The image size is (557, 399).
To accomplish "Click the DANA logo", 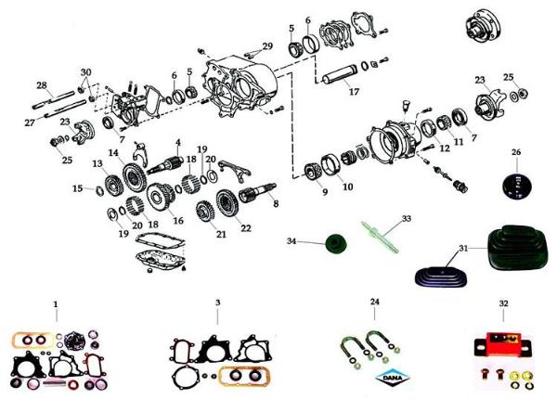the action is (x=393, y=378).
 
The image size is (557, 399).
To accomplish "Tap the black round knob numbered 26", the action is (x=516, y=187).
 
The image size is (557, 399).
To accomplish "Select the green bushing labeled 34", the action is (x=336, y=243).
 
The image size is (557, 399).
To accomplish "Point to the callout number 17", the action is (x=354, y=92).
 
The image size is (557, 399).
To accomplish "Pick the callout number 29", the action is (x=267, y=46).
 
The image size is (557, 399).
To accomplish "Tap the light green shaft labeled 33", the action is (x=381, y=237).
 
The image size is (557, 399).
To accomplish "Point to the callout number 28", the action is (x=42, y=85).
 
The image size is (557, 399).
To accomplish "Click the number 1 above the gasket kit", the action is (x=56, y=304).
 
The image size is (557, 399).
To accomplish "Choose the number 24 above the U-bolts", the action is (x=375, y=302).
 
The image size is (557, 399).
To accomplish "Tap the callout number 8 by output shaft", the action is (x=276, y=204).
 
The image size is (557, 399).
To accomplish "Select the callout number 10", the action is (x=348, y=187).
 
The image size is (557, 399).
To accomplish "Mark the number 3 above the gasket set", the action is (x=218, y=302).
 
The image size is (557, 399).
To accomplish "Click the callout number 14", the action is (x=113, y=153).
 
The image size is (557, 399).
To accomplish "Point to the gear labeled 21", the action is (x=205, y=213).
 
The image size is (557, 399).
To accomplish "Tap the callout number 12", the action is (x=445, y=148).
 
